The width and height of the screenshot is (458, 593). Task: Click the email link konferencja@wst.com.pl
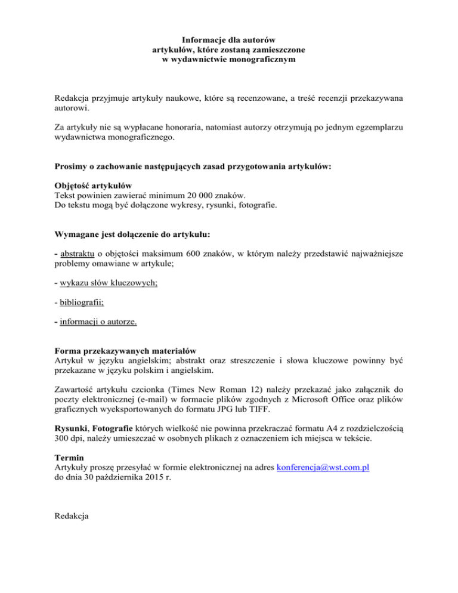coord(323,468)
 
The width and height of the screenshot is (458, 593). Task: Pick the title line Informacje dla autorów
coord(228,40)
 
